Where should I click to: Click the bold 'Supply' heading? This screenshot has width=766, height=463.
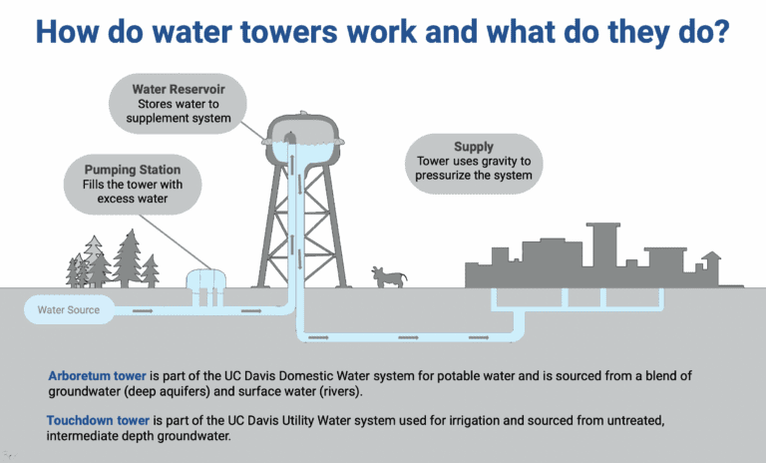pos(473,147)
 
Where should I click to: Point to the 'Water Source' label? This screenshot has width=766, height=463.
pos(68,310)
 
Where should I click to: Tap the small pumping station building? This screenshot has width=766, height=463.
pos(206,282)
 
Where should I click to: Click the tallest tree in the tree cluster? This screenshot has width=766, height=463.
pos(129,257)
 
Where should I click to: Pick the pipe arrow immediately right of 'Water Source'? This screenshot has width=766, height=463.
pos(144,310)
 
